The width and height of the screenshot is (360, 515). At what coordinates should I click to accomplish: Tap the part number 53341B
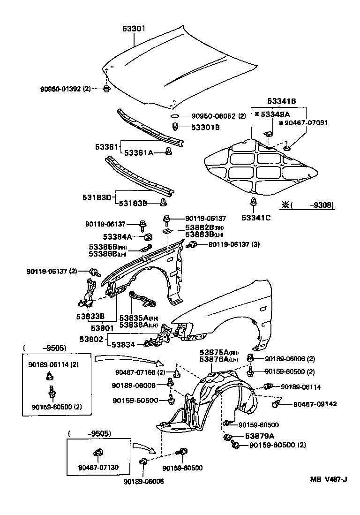(282, 101)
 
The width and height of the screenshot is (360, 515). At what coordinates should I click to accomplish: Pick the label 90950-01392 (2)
(65, 88)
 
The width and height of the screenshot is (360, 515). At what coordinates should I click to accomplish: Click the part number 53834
(123, 345)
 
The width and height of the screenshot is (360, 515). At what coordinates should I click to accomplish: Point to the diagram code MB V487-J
(328, 479)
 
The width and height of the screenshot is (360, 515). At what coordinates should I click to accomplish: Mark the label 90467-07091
(305, 122)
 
